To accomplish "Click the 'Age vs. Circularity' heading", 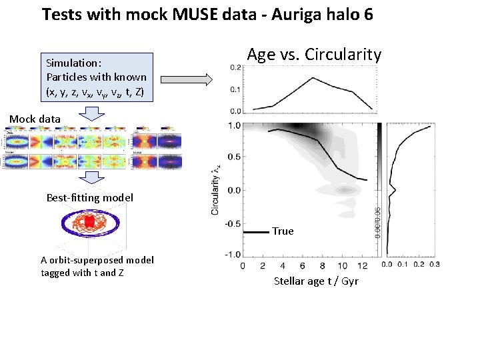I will [x=314, y=55].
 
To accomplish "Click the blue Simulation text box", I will [x=96, y=77].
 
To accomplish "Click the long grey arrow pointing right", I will [x=187, y=81].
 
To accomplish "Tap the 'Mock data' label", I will [x=35, y=119].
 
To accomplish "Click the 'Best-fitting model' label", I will [x=90, y=197].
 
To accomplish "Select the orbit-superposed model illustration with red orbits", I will [x=90, y=225].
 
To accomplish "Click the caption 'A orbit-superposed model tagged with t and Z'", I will [x=97, y=266].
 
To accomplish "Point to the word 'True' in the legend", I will [x=283, y=231].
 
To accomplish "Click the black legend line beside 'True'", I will [x=257, y=231].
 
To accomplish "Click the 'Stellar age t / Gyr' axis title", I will [x=316, y=281].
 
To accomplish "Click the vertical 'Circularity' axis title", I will [x=215, y=190].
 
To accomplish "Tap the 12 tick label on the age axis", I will [x=361, y=265].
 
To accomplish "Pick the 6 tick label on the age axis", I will [x=302, y=265].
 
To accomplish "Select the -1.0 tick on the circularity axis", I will [x=232, y=255].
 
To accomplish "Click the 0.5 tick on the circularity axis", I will [x=234, y=157].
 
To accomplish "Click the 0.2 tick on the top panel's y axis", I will [x=235, y=67].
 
